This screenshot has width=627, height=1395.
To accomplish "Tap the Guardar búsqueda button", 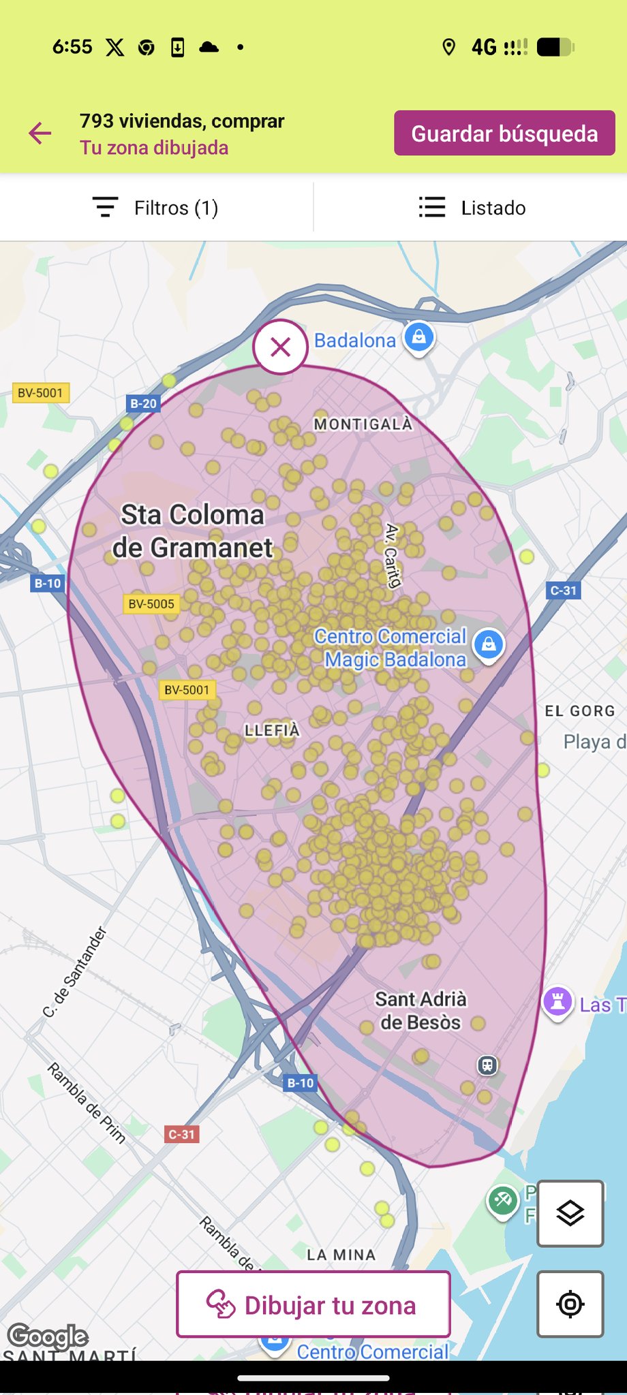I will pyautogui.click(x=504, y=134).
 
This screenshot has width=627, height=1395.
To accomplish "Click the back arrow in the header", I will pyautogui.click(x=40, y=134).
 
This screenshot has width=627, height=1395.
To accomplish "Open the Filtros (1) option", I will pyautogui.click(x=156, y=208).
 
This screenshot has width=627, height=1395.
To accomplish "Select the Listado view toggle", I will pyautogui.click(x=472, y=208).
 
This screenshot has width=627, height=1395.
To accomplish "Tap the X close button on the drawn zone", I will pyautogui.click(x=280, y=347).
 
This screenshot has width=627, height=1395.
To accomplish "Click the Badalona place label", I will pyautogui.click(x=354, y=341).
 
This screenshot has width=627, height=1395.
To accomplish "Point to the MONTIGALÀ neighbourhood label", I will pyautogui.click(x=363, y=424).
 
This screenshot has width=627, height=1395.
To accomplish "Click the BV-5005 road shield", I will pyautogui.click(x=151, y=604).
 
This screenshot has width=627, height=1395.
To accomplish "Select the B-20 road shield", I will pyautogui.click(x=143, y=404).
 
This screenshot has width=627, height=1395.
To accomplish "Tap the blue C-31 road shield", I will pyautogui.click(x=564, y=591).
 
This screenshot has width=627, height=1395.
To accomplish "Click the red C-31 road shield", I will pyautogui.click(x=182, y=1135).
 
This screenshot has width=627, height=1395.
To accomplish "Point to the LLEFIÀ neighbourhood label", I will pyautogui.click(x=272, y=731).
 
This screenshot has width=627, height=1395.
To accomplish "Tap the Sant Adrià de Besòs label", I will pyautogui.click(x=420, y=1011).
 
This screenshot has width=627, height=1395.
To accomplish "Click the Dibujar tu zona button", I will pyautogui.click(x=313, y=1304).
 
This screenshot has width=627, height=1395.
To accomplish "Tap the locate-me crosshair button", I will pyautogui.click(x=570, y=1304).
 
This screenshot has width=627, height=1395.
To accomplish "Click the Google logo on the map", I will pyautogui.click(x=48, y=1336).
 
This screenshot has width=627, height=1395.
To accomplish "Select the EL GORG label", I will pyautogui.click(x=579, y=711).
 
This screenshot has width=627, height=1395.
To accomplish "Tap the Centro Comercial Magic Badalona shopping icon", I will pyautogui.click(x=489, y=644).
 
